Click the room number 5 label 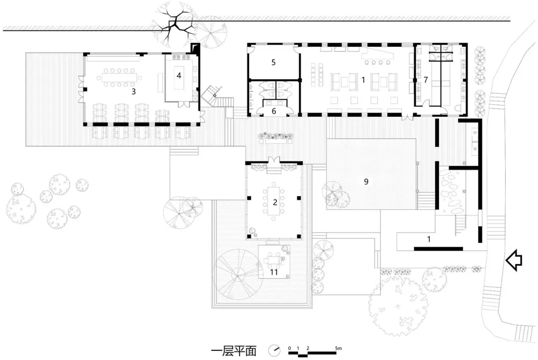coord(273,62)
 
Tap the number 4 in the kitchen coord(179,75)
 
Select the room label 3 coord(133,91)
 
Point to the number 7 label coord(426,80)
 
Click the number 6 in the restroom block coord(274,111)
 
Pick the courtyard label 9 coord(366,181)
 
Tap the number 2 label coord(275,202)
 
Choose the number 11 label coord(273,272)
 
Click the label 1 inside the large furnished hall coord(363,80)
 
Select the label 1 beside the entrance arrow coord(429,239)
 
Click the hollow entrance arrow coord(514,260)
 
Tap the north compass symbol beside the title coord(274,350)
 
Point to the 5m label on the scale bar coord(338,348)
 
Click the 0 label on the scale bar coord(289,348)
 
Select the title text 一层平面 coord(233,351)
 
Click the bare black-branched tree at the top coord(175,25)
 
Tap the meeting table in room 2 coord(274,202)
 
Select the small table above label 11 coord(273,260)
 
